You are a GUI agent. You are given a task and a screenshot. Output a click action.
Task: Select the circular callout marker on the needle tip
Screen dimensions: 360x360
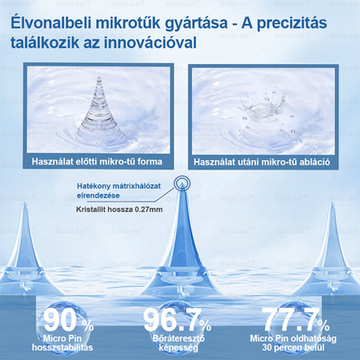point(182,184)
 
